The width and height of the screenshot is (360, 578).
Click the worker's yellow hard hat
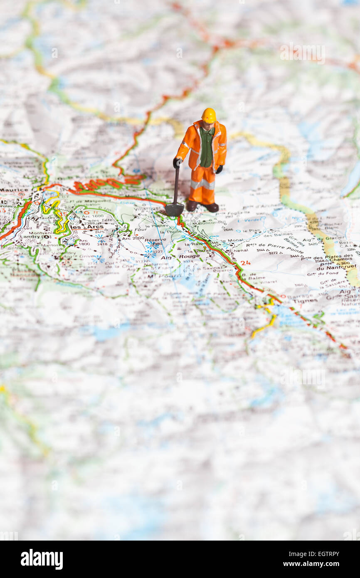click(x=209, y=115)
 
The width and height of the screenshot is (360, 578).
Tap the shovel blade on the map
click(x=174, y=209)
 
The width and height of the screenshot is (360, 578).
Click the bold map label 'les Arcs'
click(x=87, y=227)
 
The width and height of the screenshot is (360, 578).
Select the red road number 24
click(x=245, y=263)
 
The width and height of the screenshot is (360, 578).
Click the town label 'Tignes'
click(x=305, y=301)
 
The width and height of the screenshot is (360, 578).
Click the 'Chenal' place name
click(x=239, y=250)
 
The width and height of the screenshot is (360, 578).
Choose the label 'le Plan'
click(x=252, y=230)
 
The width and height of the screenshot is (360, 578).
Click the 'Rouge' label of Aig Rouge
click(x=189, y=257)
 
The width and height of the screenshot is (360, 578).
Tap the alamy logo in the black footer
click(x=42, y=559)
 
